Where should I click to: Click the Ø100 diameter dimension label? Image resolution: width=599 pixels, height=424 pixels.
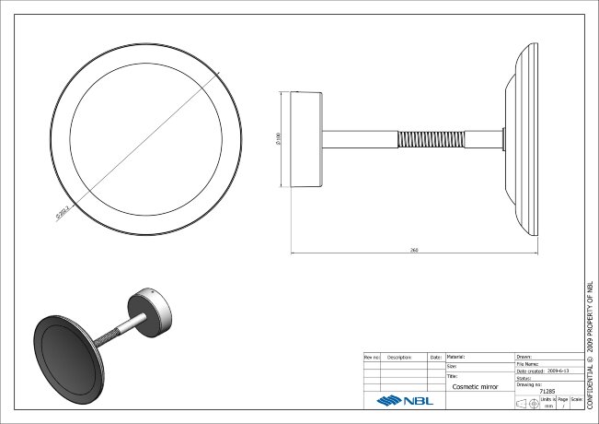[279, 139]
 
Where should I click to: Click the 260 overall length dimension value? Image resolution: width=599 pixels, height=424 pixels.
[416, 250]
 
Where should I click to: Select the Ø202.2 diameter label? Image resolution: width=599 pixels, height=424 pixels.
[62, 212]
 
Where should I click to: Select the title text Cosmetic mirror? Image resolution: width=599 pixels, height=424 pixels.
[475, 388]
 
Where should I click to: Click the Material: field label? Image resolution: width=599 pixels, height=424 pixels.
[457, 356]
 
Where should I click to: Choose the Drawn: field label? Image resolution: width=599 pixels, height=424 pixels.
[524, 356]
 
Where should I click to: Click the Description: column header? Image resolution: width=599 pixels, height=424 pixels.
[398, 356]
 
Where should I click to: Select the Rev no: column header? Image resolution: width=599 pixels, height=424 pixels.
[372, 356]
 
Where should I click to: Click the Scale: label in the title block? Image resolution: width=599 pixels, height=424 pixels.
[576, 399]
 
